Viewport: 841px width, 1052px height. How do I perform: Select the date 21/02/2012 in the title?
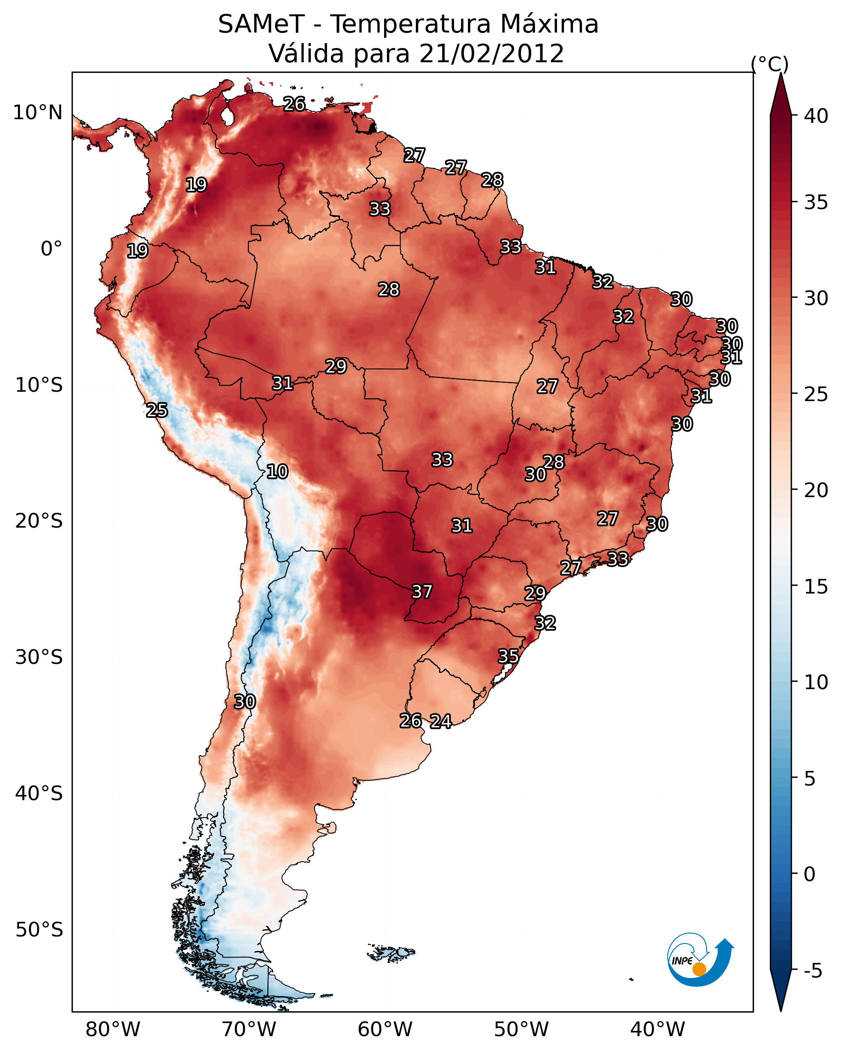tap(491, 54)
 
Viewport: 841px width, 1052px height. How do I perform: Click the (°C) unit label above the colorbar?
tap(769, 64)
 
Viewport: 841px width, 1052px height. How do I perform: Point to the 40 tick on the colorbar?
tap(816, 116)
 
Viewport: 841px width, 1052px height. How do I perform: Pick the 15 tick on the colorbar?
tap(816, 587)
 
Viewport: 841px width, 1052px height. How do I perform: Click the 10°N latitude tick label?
tap(37, 113)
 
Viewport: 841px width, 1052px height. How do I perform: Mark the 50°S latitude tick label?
tap(39, 930)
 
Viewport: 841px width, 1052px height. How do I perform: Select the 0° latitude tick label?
tap(51, 249)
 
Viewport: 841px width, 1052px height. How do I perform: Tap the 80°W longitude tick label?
tap(113, 1030)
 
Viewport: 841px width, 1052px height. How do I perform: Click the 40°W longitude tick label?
tap(658, 1030)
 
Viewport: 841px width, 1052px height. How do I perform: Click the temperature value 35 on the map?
tap(508, 656)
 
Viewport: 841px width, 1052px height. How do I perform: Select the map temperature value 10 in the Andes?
tap(277, 471)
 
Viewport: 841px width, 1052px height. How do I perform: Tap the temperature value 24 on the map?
tap(441, 721)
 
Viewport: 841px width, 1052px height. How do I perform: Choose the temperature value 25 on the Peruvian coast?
tap(157, 410)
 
